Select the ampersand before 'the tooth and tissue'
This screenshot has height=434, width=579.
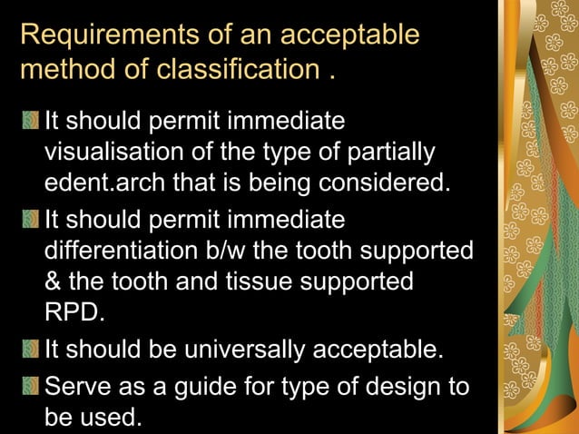[53, 281]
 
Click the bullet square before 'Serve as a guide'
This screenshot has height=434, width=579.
[33, 388]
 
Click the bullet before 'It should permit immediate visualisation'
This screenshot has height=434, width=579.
[33, 121]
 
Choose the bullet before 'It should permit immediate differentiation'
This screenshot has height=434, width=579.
[33, 219]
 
